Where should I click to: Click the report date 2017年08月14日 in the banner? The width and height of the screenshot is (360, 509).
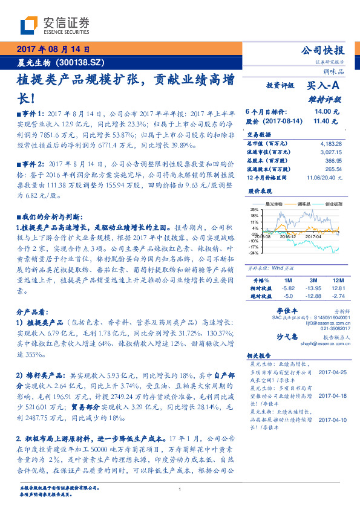53,50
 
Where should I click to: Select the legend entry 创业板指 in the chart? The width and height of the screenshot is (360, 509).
334,204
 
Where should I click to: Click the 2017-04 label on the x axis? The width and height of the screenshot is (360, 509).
313,236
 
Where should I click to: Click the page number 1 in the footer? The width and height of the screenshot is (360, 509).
180,489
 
